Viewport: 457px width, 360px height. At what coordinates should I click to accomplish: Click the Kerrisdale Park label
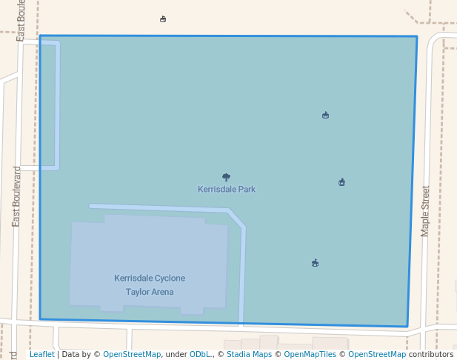click(x=227, y=190)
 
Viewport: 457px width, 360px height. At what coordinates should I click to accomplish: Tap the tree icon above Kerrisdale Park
click(x=226, y=177)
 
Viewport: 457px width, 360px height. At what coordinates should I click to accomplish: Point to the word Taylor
click(x=138, y=292)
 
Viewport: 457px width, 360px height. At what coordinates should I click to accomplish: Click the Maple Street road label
click(x=425, y=211)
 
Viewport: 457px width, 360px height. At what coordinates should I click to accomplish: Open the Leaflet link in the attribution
click(x=41, y=355)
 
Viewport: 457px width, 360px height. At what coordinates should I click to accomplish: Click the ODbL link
click(x=201, y=355)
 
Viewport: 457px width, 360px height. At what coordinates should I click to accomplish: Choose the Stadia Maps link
click(x=249, y=355)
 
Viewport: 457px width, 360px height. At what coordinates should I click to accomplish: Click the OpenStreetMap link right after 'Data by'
click(x=132, y=355)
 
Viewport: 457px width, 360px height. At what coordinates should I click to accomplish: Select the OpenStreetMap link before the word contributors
click(x=377, y=355)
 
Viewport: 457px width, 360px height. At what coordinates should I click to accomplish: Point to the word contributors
click(x=431, y=355)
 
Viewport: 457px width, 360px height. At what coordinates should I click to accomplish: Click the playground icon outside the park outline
click(x=163, y=19)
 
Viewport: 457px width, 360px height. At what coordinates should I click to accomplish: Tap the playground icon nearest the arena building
click(x=315, y=263)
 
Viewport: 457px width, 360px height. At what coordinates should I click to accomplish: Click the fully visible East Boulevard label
click(x=16, y=196)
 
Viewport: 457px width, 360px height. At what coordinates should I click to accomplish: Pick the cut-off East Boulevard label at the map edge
click(x=21, y=21)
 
